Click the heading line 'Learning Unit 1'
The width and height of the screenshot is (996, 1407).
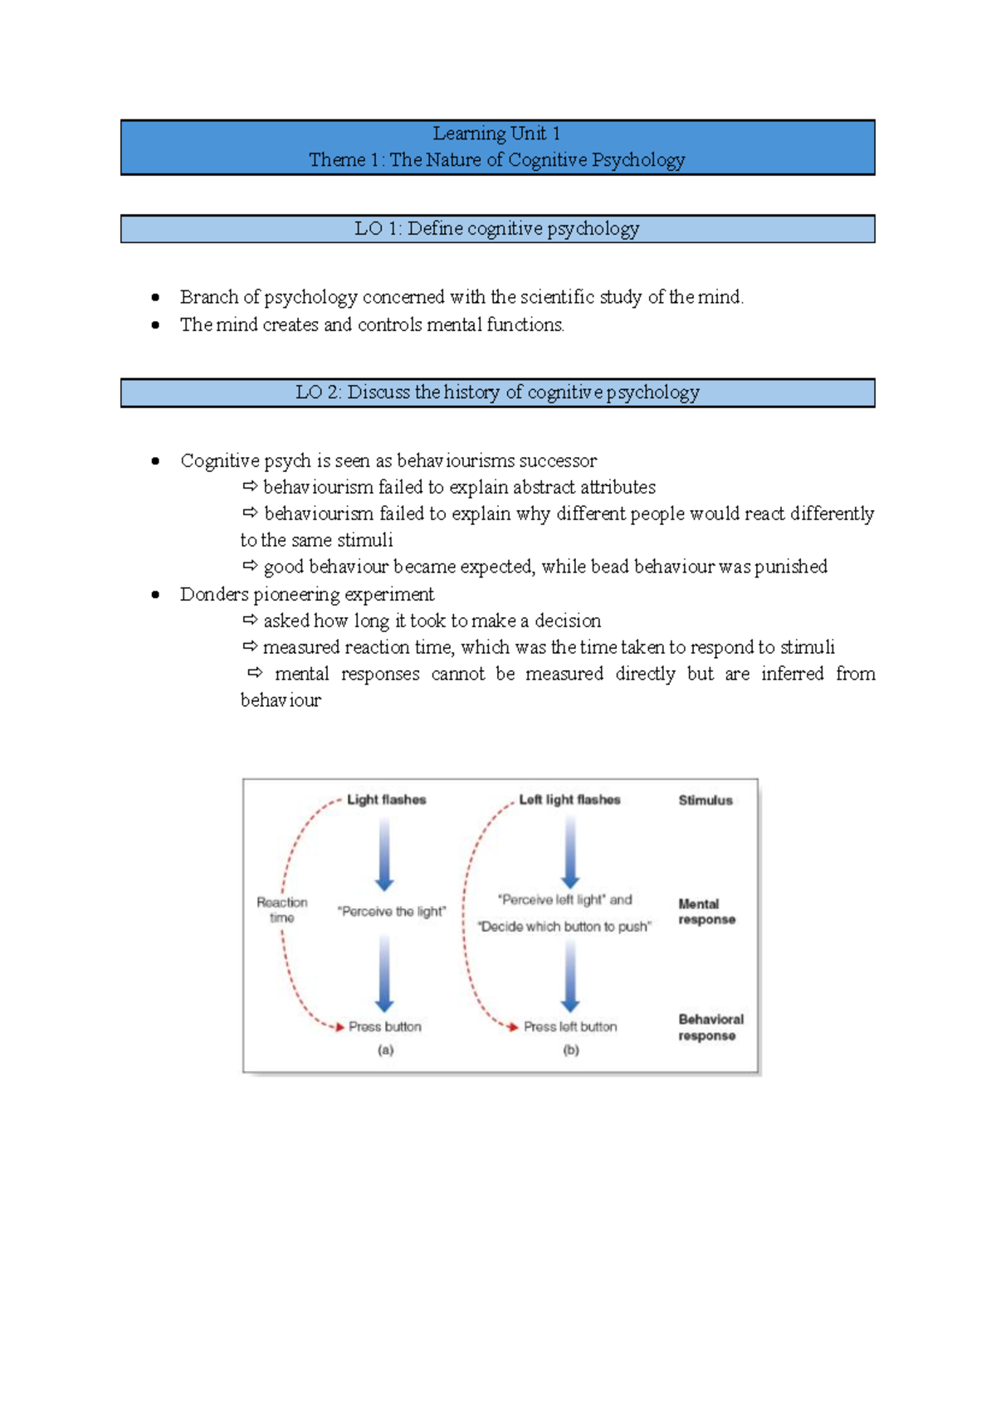click(x=496, y=134)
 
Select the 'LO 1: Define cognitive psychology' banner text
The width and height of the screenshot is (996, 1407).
click(x=496, y=229)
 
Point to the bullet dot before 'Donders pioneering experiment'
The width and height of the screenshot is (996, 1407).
click(x=155, y=595)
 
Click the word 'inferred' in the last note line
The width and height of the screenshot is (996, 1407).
click(x=792, y=674)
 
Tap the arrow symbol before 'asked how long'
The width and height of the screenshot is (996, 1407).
click(x=250, y=620)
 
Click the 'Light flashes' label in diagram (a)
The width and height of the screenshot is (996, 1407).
click(x=386, y=800)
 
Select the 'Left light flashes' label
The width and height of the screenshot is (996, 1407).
click(x=569, y=800)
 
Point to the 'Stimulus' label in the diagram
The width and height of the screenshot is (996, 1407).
click(x=705, y=801)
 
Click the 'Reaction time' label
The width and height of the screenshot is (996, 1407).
click(x=282, y=910)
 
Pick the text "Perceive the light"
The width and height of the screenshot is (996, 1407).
click(x=391, y=912)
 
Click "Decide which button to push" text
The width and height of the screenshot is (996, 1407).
click(x=564, y=927)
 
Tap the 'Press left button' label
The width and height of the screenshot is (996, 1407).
click(x=570, y=1027)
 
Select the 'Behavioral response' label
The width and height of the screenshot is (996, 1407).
click(x=710, y=1027)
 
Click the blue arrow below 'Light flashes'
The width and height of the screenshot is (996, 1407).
click(x=384, y=854)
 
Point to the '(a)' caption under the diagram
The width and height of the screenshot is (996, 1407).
click(x=385, y=1050)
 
